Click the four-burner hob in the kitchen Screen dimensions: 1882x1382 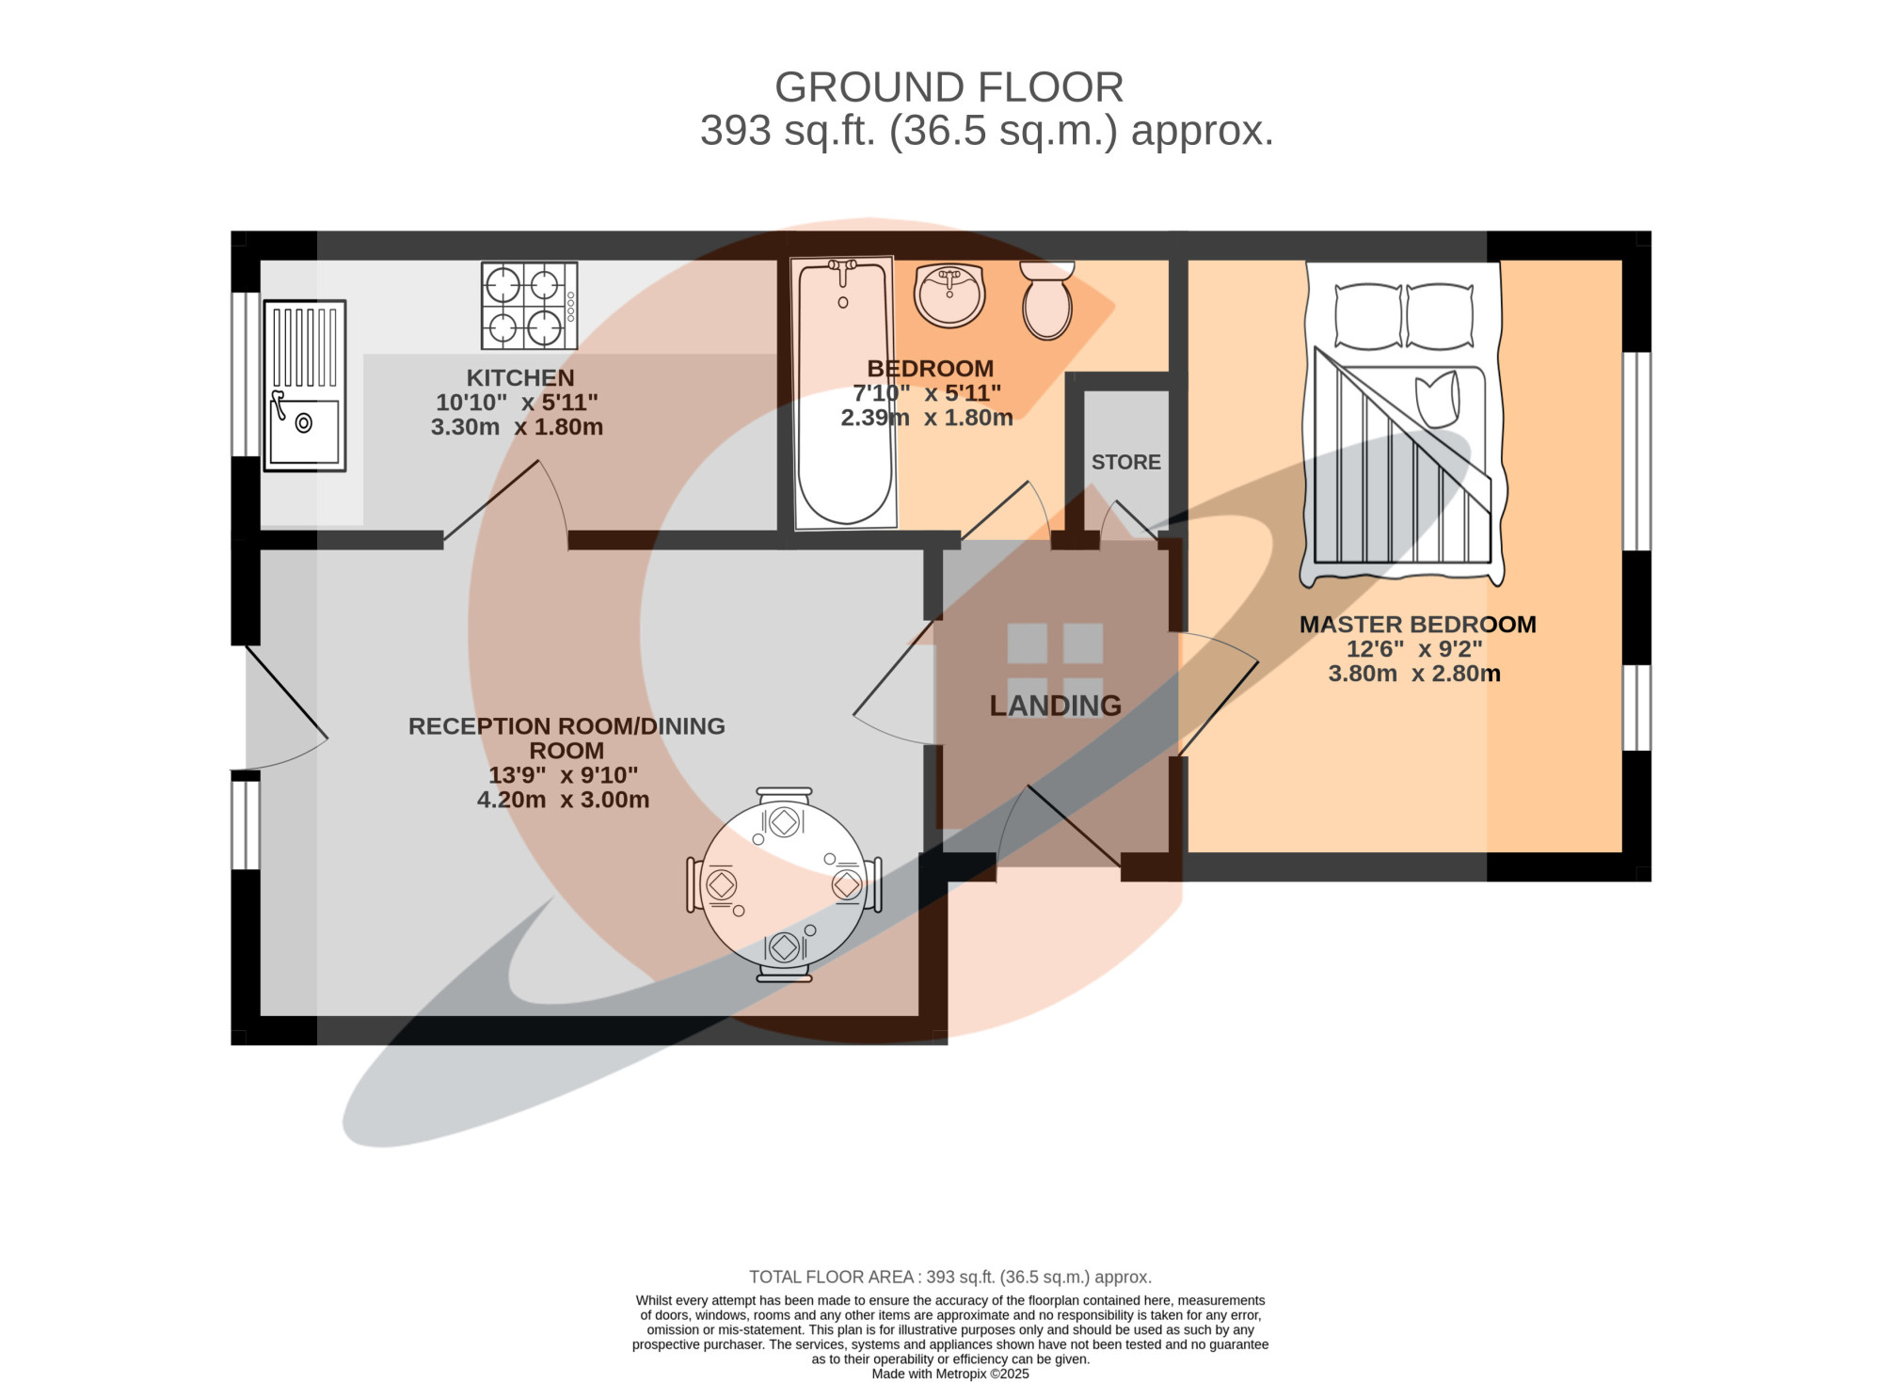click(x=529, y=306)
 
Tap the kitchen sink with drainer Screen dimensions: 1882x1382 click(x=305, y=386)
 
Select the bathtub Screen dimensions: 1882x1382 click(x=844, y=393)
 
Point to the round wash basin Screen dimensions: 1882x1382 click(x=949, y=295)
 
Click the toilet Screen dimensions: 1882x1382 click(x=1047, y=300)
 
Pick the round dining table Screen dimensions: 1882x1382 click(x=784, y=885)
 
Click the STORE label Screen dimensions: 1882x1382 click(x=1126, y=462)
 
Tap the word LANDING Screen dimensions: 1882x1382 click(x=1055, y=706)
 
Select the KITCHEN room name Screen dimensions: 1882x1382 click(x=520, y=378)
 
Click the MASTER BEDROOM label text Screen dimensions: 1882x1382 click(x=1417, y=625)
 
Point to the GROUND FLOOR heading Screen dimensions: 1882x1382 click(x=949, y=87)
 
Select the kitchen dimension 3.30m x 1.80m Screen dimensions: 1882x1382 click(x=517, y=427)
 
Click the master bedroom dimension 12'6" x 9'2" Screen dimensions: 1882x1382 click(x=1414, y=649)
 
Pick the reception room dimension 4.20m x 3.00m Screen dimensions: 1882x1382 click(x=563, y=800)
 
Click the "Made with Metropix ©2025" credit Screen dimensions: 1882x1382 click(x=950, y=1374)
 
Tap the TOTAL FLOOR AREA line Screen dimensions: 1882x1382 click(x=950, y=1277)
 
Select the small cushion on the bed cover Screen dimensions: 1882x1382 click(x=1437, y=398)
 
